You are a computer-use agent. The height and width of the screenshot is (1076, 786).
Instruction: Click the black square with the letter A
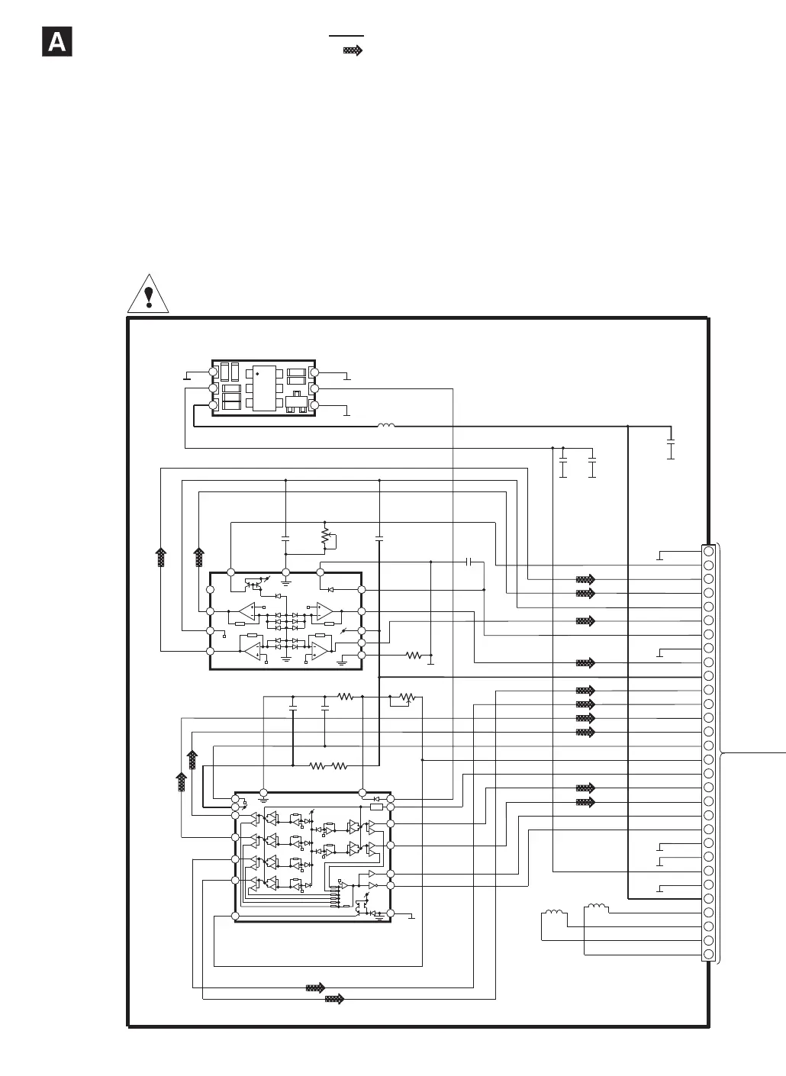56,43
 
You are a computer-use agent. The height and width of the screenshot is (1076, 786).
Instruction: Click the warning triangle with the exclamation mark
148,295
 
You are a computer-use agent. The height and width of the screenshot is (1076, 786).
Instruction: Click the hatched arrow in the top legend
353,50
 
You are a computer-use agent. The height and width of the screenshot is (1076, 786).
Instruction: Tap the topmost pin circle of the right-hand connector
709,551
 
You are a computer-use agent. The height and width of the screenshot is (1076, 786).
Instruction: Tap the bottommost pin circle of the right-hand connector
709,955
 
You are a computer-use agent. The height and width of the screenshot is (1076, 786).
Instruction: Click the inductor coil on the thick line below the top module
386,425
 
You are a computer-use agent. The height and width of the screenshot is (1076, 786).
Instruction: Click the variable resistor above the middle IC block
326,537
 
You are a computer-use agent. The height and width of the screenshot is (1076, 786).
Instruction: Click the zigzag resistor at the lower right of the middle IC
414,655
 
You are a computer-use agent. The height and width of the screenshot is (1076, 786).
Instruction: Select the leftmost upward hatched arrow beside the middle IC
161,557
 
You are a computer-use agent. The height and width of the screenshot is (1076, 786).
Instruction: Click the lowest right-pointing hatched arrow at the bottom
334,999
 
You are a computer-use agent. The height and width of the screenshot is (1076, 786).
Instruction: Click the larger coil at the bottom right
597,908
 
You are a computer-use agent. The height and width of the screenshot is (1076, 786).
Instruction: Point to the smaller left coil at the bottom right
552,913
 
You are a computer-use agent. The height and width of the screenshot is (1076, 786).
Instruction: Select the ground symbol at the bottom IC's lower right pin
411,915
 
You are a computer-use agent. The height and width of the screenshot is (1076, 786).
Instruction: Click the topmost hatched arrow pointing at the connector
585,579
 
